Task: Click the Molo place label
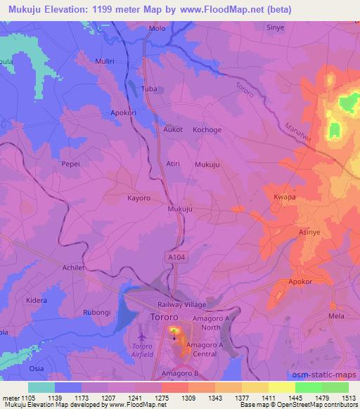click(157, 29)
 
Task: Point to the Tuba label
click(149, 89)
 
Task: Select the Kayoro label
click(139, 198)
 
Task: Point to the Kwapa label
click(283, 198)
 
